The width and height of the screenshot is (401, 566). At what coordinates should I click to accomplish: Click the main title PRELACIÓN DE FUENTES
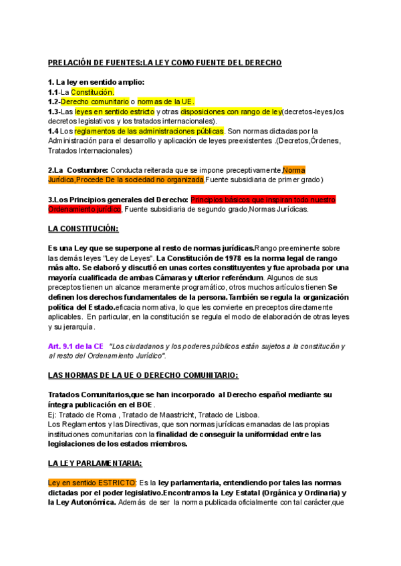[164, 62]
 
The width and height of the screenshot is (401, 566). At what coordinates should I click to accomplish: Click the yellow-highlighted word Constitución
[92, 92]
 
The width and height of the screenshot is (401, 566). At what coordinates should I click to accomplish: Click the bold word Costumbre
[87, 170]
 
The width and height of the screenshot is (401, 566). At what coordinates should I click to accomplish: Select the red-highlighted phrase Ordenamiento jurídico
[84, 210]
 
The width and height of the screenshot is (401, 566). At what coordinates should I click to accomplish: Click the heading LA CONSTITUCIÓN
[83, 229]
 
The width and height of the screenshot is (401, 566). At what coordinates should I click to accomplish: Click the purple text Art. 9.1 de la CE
[76, 346]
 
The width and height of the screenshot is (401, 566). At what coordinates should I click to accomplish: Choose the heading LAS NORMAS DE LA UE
[143, 376]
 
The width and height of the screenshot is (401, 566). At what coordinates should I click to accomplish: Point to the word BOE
[144, 404]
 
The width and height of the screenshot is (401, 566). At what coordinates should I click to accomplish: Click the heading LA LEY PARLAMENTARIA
[95, 463]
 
